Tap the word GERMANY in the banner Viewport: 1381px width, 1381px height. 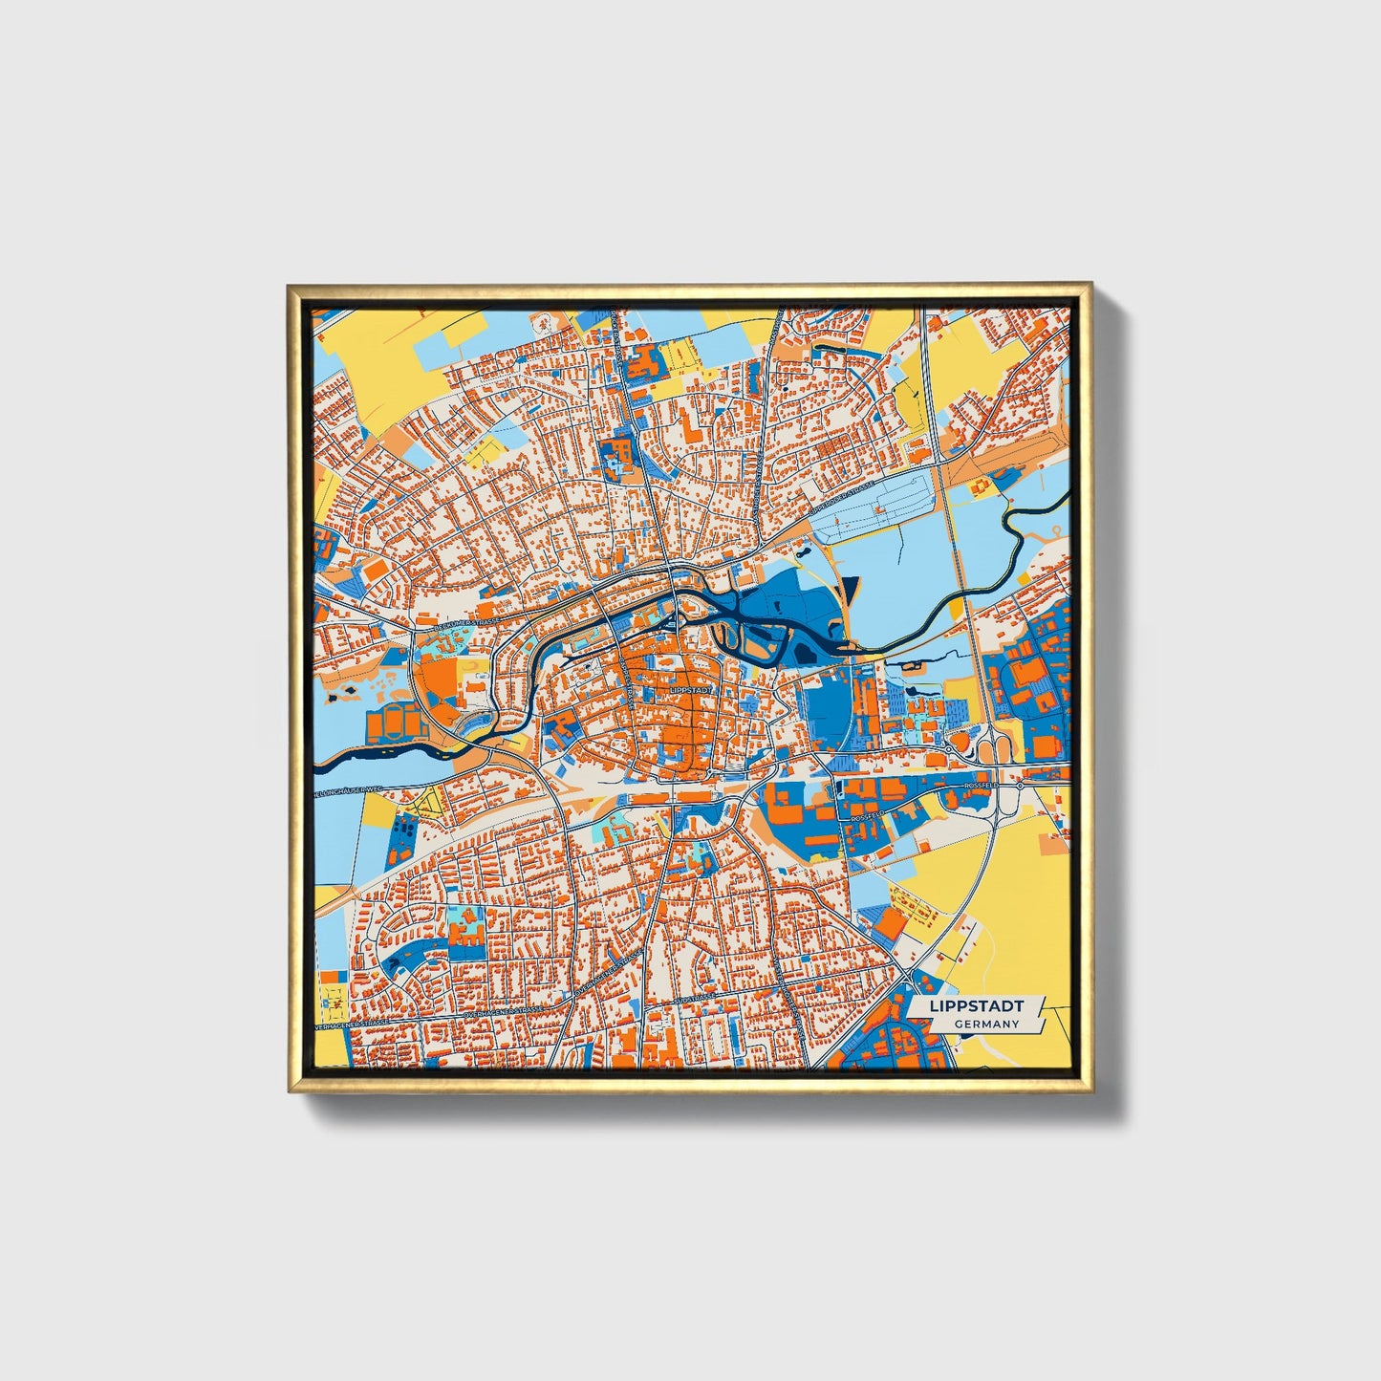coord(985,1024)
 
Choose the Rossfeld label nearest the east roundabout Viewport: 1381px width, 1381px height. coord(981,785)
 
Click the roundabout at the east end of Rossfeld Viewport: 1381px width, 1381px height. coord(1021,786)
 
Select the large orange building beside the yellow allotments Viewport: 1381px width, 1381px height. coord(890,922)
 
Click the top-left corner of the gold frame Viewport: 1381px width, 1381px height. coord(289,285)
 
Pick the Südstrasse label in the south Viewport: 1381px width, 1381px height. coord(695,999)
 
